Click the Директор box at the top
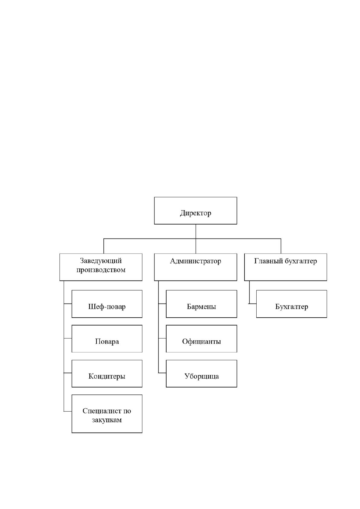196,211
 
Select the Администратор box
196,267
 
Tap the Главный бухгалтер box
285,267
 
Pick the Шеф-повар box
107,304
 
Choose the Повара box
107,339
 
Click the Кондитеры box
107,374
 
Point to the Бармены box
201,304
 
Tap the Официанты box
201,339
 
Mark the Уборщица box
201,374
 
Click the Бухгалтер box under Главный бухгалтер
292,304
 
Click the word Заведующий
101,261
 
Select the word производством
101,270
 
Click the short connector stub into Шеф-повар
68,303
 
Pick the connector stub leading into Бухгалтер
252,303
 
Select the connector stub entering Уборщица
162,373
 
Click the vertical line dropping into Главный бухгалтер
281,246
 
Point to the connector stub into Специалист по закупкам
68,411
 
